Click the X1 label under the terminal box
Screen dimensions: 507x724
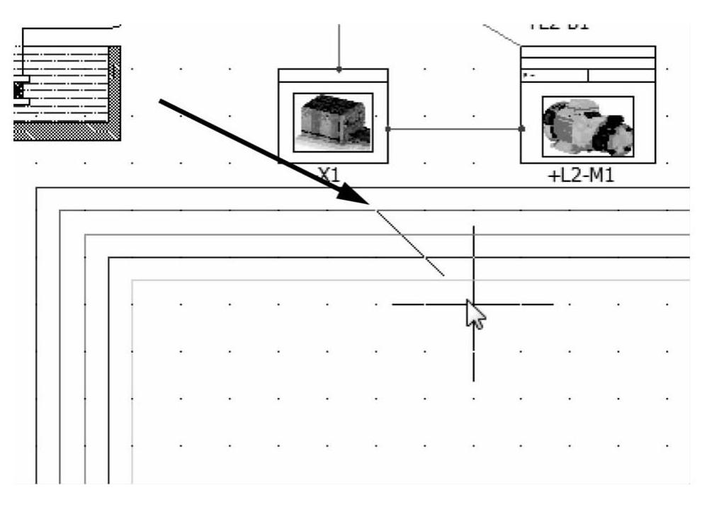click(x=329, y=175)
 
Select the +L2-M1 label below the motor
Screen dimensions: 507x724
click(x=581, y=175)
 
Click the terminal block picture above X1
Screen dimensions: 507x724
click(x=333, y=122)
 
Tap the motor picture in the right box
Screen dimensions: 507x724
click(x=587, y=127)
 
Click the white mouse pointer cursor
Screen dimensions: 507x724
click(x=475, y=314)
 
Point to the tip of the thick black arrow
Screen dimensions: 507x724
click(x=370, y=205)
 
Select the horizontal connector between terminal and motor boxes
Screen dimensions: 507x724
click(x=453, y=129)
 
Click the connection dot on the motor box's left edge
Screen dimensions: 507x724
click(x=522, y=129)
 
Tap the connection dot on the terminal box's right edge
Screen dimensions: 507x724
click(x=388, y=129)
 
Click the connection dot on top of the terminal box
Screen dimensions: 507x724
click(x=339, y=69)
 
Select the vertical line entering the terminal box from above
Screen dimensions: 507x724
click(x=339, y=46)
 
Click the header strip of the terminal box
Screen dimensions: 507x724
click(x=333, y=76)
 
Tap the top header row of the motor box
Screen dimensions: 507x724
click(x=587, y=52)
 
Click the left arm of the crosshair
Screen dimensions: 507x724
click(x=425, y=304)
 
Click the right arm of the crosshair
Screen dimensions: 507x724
click(x=524, y=304)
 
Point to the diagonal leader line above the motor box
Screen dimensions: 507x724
click(x=502, y=35)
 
